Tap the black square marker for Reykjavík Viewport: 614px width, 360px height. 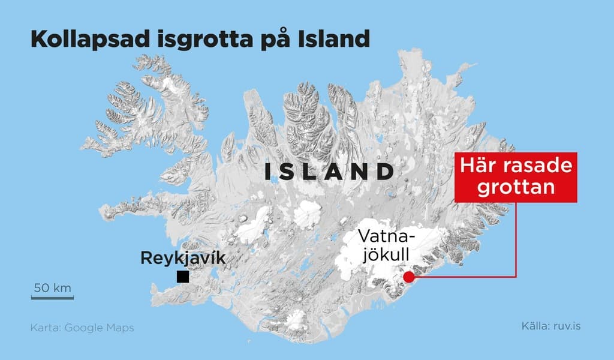(x=183, y=277)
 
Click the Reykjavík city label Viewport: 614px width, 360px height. (x=183, y=259)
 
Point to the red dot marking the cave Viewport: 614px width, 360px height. (x=408, y=277)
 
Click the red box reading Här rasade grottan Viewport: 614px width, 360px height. (x=515, y=177)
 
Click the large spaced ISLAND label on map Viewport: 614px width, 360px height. (x=329, y=172)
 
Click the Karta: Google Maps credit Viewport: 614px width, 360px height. (x=82, y=328)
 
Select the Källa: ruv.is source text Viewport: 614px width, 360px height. (x=551, y=326)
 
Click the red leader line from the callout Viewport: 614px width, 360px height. (x=516, y=240)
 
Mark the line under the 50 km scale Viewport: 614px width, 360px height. (x=52, y=296)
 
